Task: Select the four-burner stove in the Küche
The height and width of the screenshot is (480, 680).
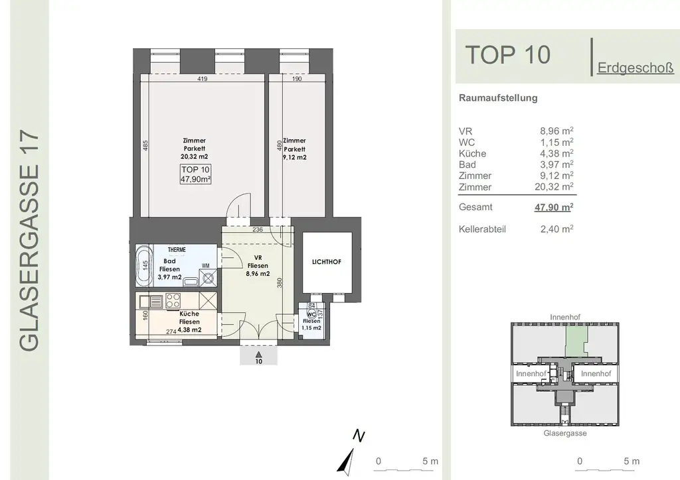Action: [174, 300]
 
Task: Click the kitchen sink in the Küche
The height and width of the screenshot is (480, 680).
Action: [151, 301]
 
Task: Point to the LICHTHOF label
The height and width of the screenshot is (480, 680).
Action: [326, 262]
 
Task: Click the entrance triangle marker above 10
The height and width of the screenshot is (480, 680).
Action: [259, 355]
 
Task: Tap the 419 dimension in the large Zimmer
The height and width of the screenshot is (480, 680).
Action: [203, 79]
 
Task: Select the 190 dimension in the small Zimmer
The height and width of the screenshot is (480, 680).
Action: [297, 79]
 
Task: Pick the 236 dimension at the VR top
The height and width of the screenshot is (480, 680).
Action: [258, 230]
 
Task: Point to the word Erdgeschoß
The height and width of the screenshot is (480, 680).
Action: [636, 67]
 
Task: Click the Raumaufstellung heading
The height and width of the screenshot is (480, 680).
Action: [498, 98]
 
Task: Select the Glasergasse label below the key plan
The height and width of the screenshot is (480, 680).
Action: [564, 433]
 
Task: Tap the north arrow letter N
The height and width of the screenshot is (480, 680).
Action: [359, 436]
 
